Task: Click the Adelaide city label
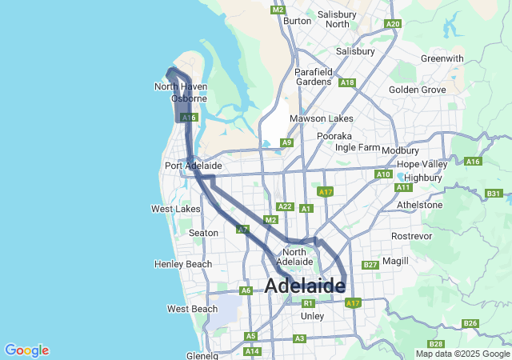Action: point(304,285)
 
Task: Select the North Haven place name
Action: point(176,86)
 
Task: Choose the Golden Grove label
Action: point(417,90)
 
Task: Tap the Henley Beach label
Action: point(183,264)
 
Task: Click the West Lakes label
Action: point(176,209)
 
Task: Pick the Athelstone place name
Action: point(419,205)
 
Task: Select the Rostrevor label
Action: point(411,237)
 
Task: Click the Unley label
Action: point(312,316)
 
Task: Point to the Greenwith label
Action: point(442,58)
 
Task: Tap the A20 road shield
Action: point(392,24)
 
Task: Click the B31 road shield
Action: point(494,194)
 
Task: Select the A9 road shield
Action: point(286,142)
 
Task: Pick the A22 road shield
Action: point(285,206)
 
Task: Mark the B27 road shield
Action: point(370,265)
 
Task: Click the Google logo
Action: point(26,350)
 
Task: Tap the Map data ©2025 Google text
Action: point(462,354)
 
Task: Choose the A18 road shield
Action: point(346,82)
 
